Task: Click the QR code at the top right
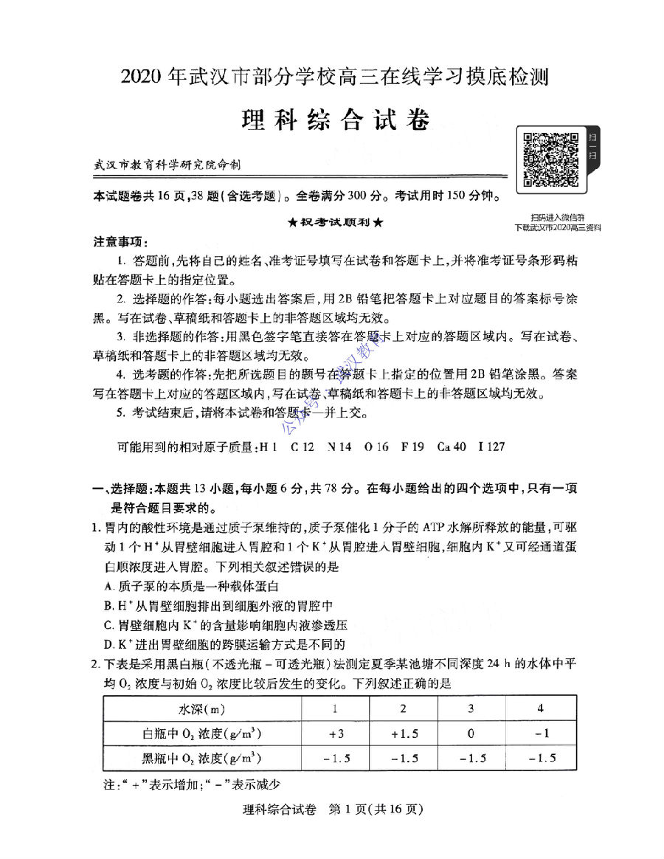550,159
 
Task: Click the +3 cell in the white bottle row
336,734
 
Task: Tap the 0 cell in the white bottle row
471,734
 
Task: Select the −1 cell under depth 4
541,734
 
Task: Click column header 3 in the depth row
471,709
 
